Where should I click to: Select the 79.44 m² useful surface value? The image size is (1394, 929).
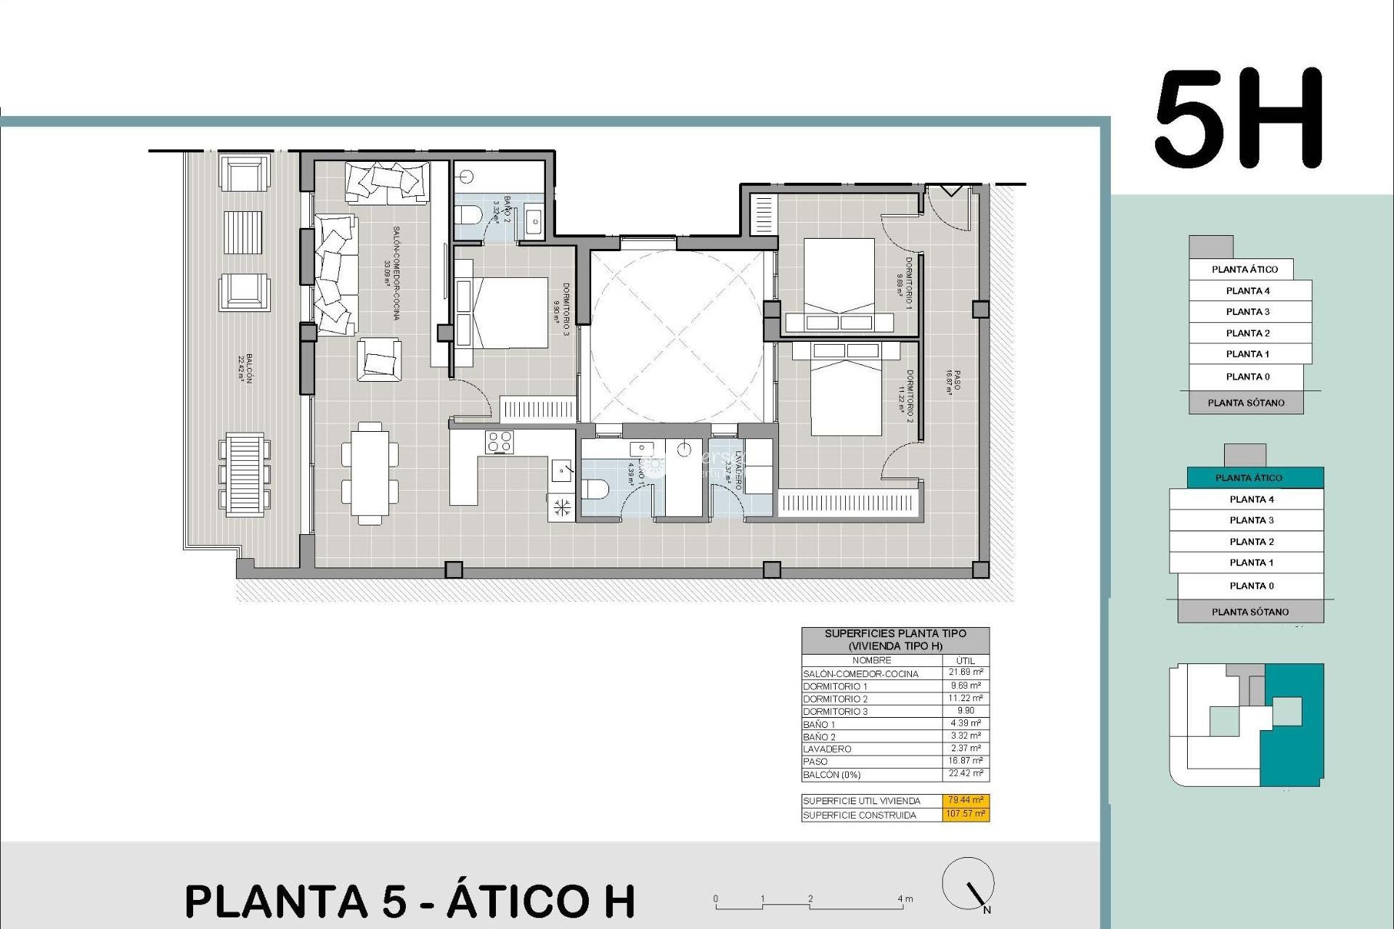966,800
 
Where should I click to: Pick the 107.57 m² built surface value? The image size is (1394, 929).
966,814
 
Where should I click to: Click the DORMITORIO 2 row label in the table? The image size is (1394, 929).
835,699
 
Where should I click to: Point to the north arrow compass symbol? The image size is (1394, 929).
969,885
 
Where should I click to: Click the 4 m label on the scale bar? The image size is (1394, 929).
905,899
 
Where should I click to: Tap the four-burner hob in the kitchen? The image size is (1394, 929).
500,442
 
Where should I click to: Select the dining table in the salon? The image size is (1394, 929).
370,472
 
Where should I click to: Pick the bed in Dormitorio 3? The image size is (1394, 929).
501,313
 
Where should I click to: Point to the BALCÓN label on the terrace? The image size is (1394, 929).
245,368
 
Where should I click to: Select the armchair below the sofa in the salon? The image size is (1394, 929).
378,359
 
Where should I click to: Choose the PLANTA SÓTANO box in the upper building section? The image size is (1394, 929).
1246,403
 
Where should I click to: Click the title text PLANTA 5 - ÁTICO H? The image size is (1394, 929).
410,901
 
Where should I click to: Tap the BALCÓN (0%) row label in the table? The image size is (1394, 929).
831,774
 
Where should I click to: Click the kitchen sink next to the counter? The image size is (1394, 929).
561,471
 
